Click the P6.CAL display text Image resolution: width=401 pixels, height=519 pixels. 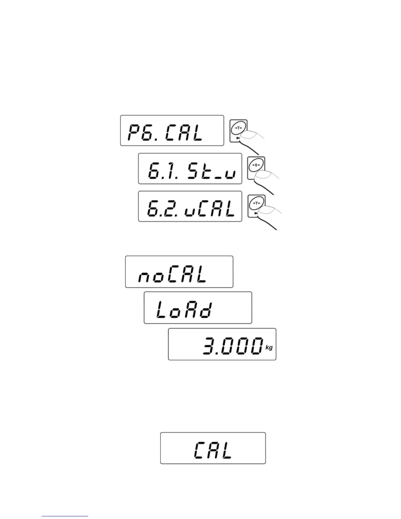pyautogui.click(x=165, y=133)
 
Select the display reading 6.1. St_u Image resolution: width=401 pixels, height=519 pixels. pyautogui.click(x=191, y=171)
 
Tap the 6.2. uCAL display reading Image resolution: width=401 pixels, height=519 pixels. pyautogui.click(x=191, y=208)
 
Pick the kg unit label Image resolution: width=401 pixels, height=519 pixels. pyautogui.click(x=269, y=348)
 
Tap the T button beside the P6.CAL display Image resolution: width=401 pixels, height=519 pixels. pyautogui.click(x=238, y=128)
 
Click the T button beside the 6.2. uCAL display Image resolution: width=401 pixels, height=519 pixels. pyautogui.click(x=256, y=203)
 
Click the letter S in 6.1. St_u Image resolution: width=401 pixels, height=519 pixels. pyautogui.click(x=194, y=171)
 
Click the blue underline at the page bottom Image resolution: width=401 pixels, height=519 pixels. pyautogui.click(x=65, y=516)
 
